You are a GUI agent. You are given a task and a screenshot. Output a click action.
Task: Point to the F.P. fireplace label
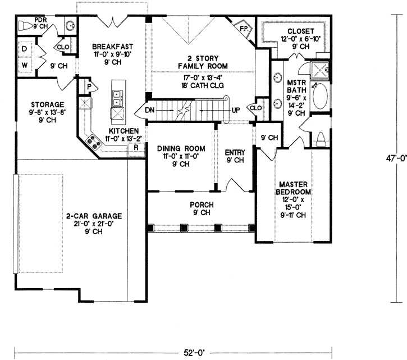pos(244,28)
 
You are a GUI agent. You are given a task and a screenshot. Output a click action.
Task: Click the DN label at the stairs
pos(149,110)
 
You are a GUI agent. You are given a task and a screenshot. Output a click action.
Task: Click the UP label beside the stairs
pos(236,110)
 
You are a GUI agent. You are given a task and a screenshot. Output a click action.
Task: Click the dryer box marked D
pos(24,49)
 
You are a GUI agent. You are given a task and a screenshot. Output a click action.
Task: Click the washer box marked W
pos(24,65)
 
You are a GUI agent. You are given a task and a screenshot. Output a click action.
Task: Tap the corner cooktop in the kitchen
pos(93,142)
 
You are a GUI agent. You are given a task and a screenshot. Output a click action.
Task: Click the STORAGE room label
pos(47,104)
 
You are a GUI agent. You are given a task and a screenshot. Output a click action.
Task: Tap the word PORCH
pos(201,205)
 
